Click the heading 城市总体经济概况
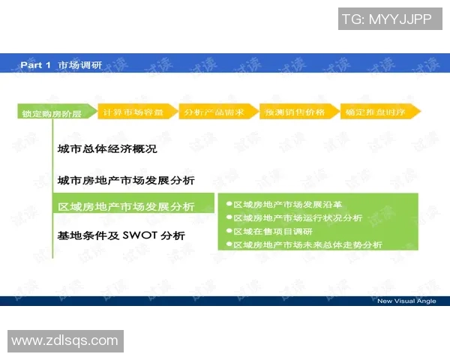click(107, 148)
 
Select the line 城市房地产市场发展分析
click(126, 180)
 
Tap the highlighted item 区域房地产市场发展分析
click(126, 206)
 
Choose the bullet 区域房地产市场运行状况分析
click(298, 217)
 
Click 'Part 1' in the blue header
click(35, 65)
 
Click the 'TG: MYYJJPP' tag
click(386, 19)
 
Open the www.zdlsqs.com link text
click(64, 340)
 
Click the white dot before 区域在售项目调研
click(229, 231)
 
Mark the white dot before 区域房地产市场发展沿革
click(229, 204)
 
